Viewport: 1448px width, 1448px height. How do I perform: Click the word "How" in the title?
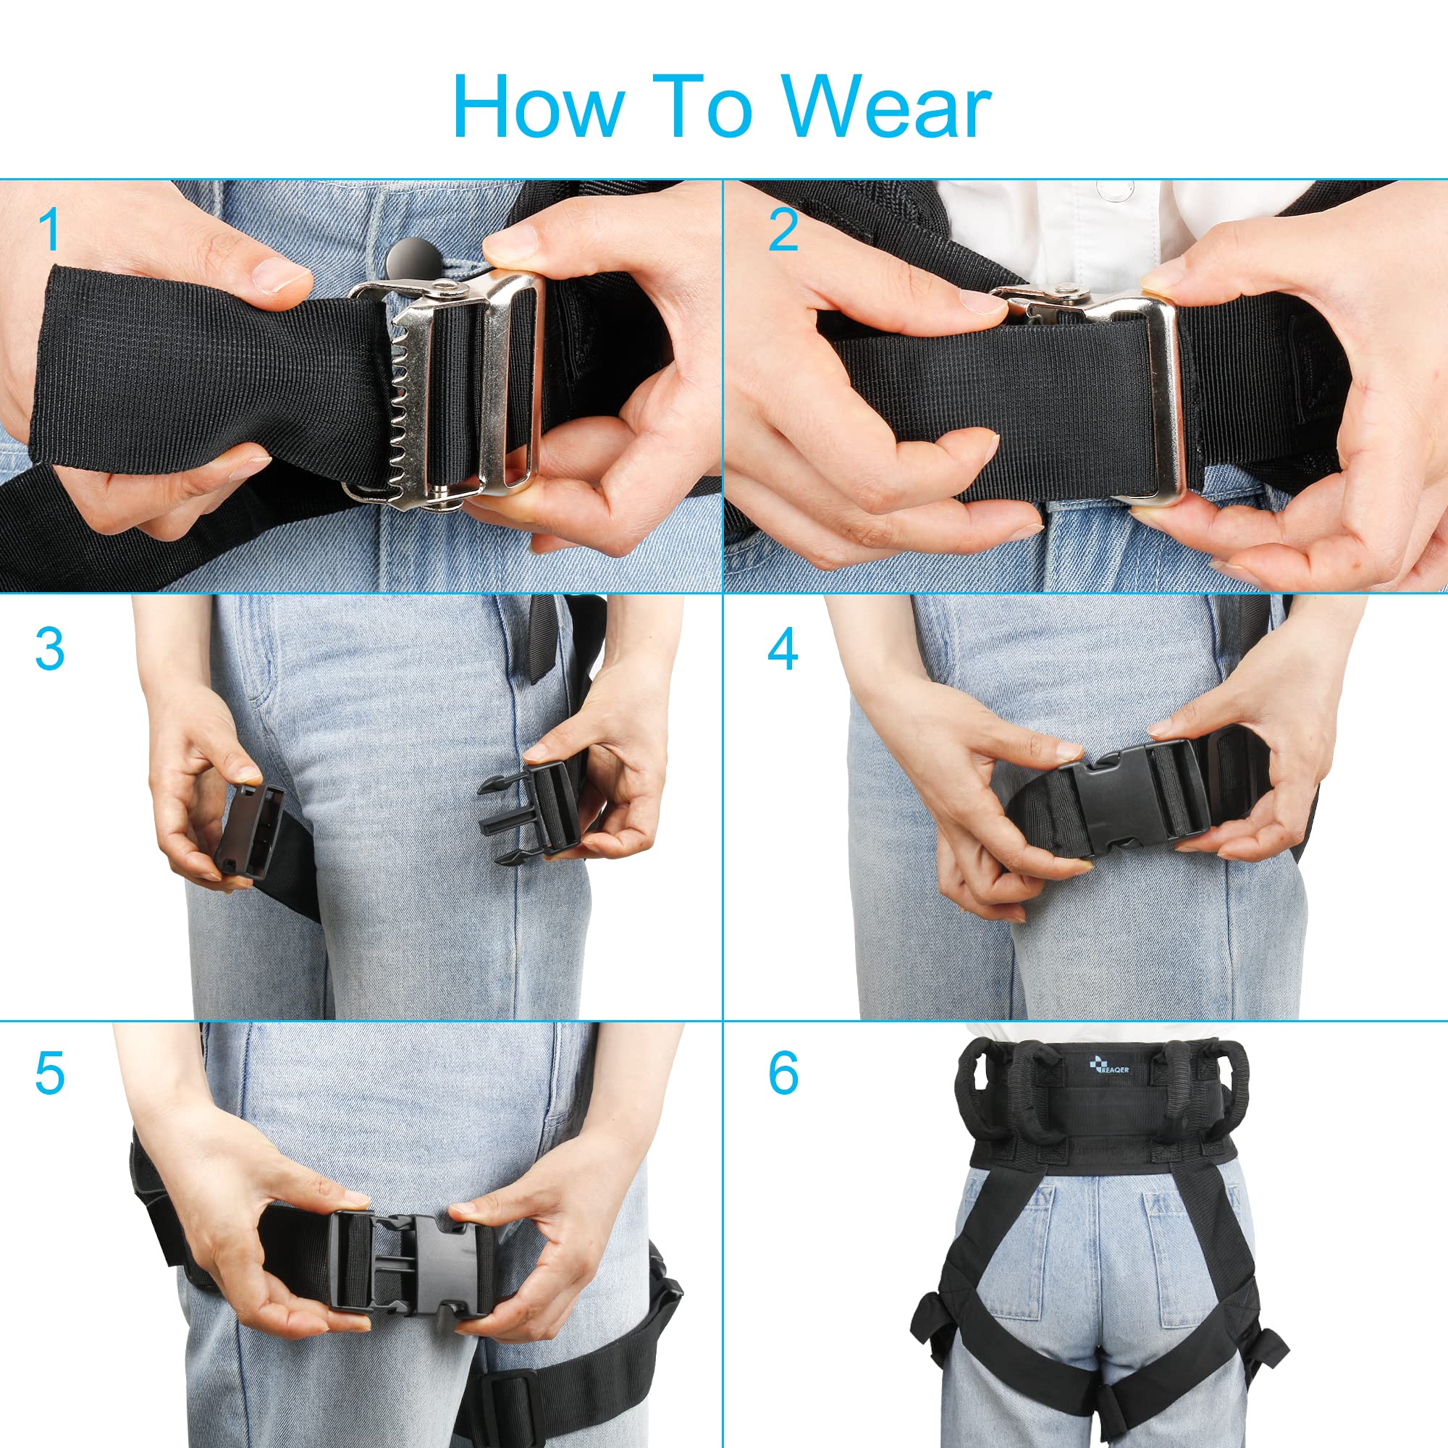pyautogui.click(x=537, y=106)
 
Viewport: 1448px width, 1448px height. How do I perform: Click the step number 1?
pyautogui.click(x=49, y=230)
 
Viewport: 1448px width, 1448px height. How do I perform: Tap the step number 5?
pyautogui.click(x=49, y=1074)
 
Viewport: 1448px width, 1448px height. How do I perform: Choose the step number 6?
pyautogui.click(x=783, y=1074)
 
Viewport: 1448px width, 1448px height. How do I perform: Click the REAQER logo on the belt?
pyautogui.click(x=1108, y=1064)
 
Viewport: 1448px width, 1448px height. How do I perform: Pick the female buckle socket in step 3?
pyautogui.click(x=250, y=833)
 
